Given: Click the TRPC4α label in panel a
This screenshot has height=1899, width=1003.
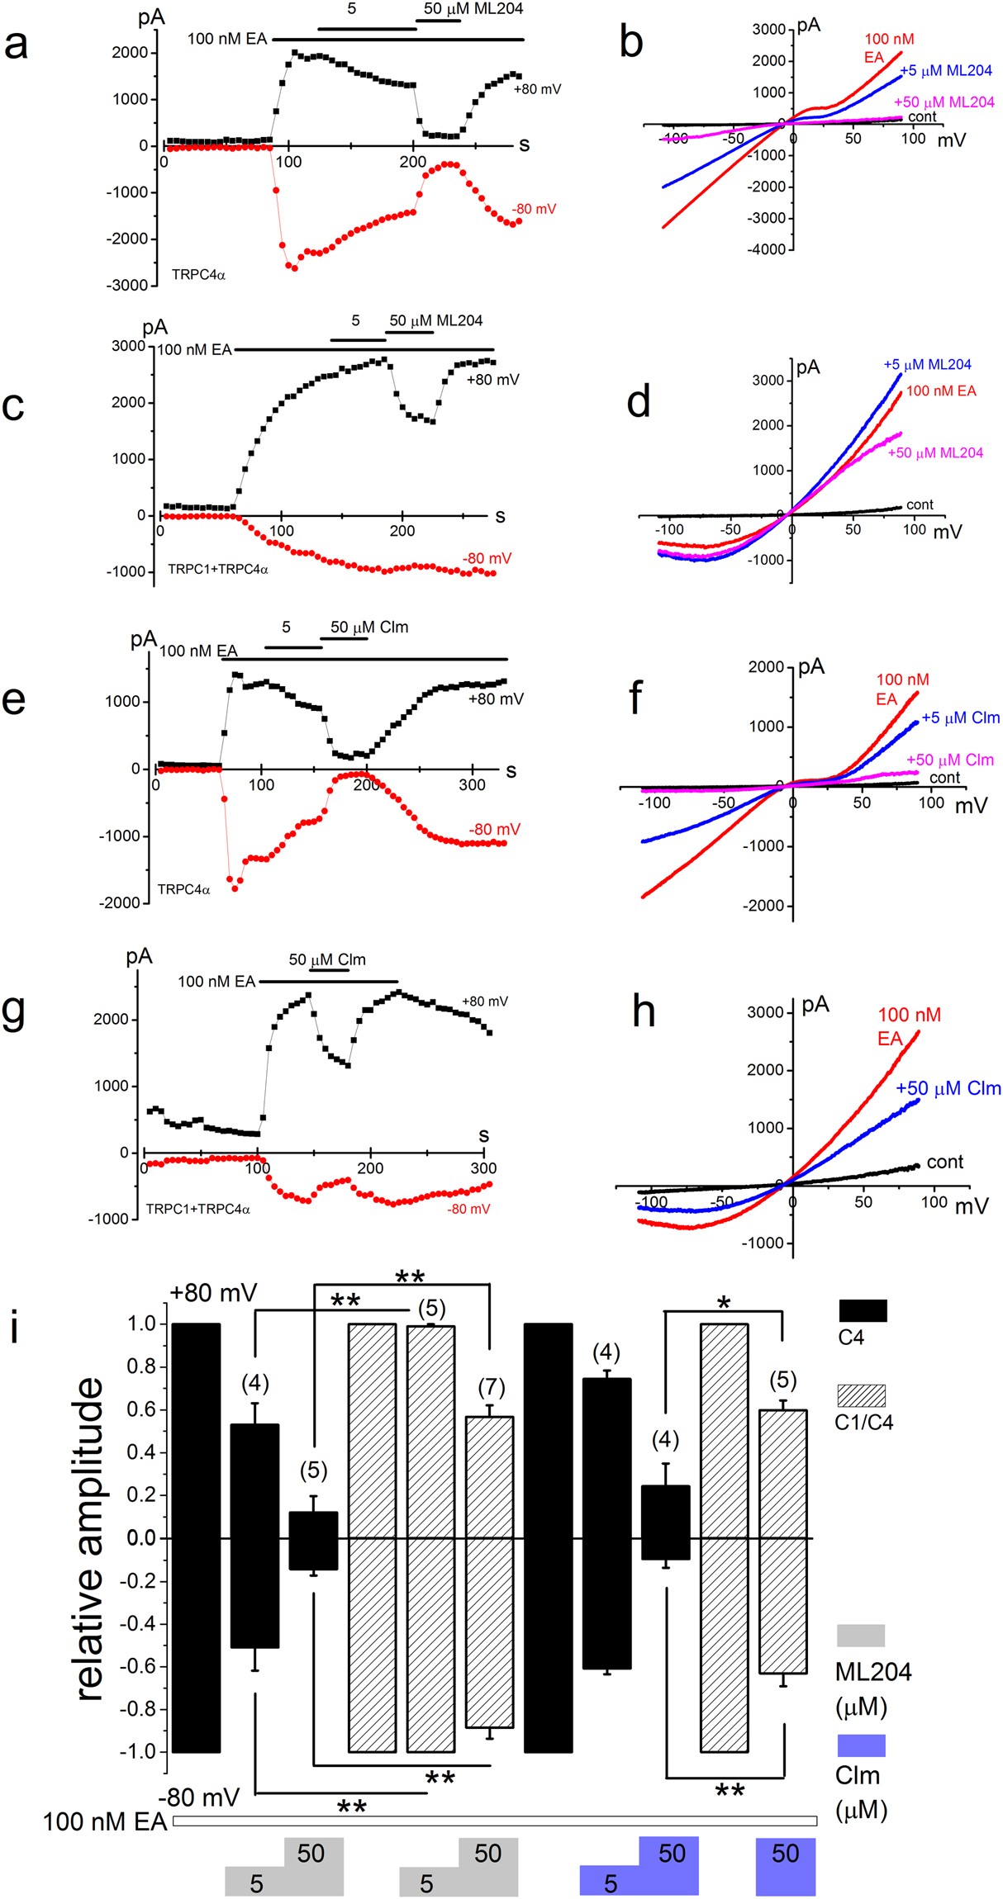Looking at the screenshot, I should point(198,275).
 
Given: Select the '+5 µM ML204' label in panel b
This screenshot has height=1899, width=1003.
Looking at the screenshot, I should point(946,71).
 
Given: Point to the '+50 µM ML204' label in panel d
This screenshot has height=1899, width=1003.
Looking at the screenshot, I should point(935,452).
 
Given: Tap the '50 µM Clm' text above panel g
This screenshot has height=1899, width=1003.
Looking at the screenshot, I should point(327,959).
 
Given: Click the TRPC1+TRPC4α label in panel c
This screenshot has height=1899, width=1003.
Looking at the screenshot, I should point(218,569).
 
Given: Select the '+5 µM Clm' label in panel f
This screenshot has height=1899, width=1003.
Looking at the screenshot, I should point(960,717).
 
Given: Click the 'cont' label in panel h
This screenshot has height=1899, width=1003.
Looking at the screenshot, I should point(944,1162).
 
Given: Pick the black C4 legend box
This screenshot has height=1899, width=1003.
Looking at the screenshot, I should point(863,1310).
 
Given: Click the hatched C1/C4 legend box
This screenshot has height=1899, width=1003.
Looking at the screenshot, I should point(861,1395).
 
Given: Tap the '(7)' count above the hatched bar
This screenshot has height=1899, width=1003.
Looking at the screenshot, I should point(491,1386).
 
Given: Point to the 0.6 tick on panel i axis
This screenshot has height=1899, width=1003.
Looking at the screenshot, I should point(141,1409).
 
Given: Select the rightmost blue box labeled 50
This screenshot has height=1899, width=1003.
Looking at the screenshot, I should point(785,1865).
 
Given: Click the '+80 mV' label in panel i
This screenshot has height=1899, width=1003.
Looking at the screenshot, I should point(213,1293).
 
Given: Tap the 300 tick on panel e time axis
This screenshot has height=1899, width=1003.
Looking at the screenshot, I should point(472,784).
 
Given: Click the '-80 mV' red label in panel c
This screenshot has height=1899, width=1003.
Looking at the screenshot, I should point(487,558).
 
